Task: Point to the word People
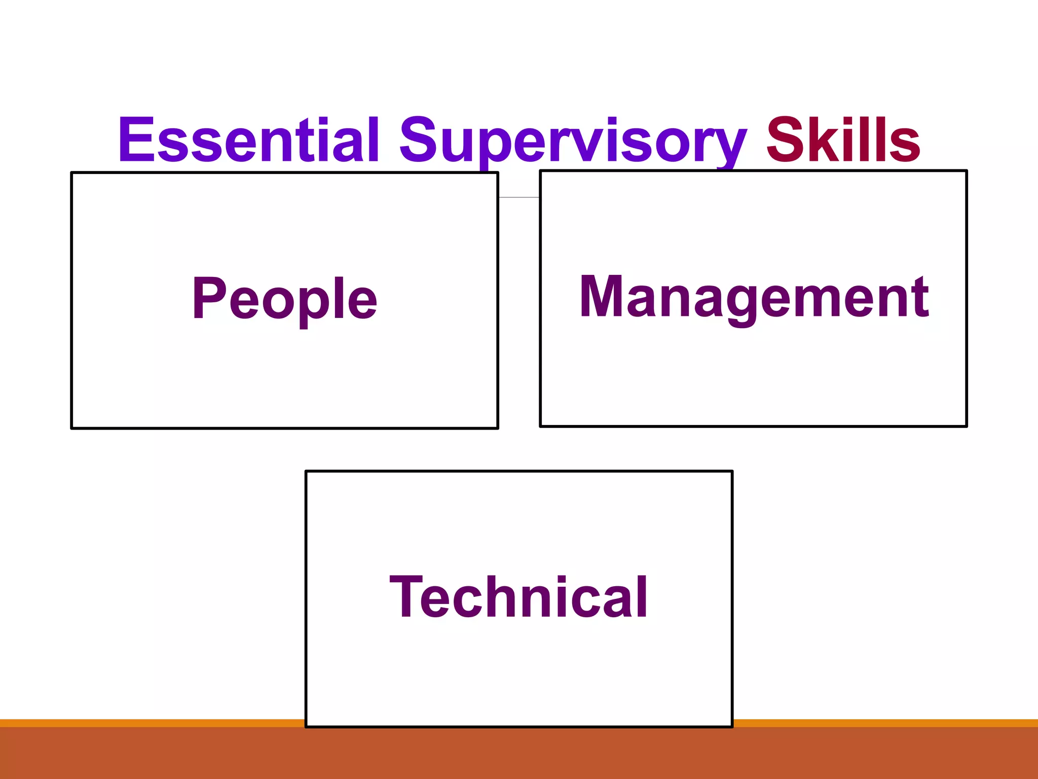point(284,299)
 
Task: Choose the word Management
point(754,298)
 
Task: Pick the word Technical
point(518,597)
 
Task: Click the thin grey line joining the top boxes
point(519,197)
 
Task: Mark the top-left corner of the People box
point(72,173)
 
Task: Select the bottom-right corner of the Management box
point(966,426)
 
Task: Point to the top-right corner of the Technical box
point(732,472)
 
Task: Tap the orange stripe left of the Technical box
point(152,723)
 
